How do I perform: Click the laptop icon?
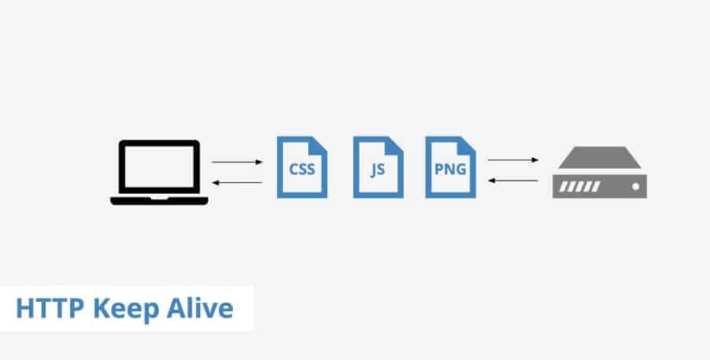(159, 172)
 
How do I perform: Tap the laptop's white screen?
(159, 166)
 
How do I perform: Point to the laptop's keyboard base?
(159, 200)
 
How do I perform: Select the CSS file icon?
(302, 167)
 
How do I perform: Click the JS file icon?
(378, 167)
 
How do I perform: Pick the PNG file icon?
(451, 167)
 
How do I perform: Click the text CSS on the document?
(302, 169)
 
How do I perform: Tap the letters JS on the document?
(378, 170)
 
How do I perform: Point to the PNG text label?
(451, 169)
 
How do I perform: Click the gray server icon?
(599, 172)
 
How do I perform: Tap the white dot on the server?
(636, 186)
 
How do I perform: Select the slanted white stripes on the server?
(580, 186)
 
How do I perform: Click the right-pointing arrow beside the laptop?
(237, 162)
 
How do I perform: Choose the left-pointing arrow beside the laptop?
(237, 182)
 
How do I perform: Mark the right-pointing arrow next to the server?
(513, 160)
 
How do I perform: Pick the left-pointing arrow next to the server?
(513, 180)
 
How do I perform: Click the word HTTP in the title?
(50, 308)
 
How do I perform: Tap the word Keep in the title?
(126, 310)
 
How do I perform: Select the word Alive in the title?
(200, 308)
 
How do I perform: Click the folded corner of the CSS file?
(318, 145)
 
